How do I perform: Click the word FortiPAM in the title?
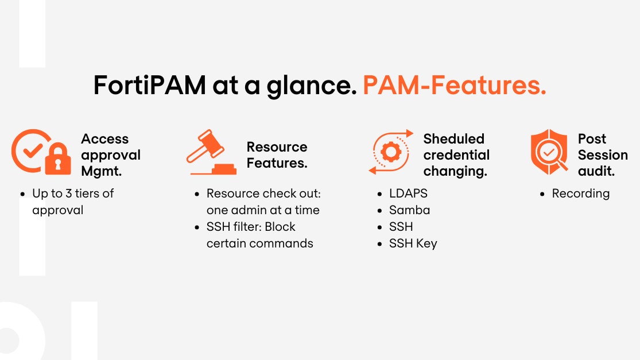point(150,86)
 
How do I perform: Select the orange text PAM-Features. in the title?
point(454,86)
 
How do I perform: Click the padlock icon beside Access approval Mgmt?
point(58,160)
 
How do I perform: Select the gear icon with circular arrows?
point(391,152)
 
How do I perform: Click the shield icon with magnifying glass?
point(549,152)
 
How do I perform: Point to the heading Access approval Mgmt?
point(110,155)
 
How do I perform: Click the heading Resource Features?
point(277,155)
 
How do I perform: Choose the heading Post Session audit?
point(602,155)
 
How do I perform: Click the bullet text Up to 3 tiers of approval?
point(72,202)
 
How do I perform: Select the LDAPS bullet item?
point(408,193)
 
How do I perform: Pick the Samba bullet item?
point(409,210)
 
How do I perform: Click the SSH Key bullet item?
point(413,243)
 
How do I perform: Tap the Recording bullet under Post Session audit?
point(580,193)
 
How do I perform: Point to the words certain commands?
point(259,243)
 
